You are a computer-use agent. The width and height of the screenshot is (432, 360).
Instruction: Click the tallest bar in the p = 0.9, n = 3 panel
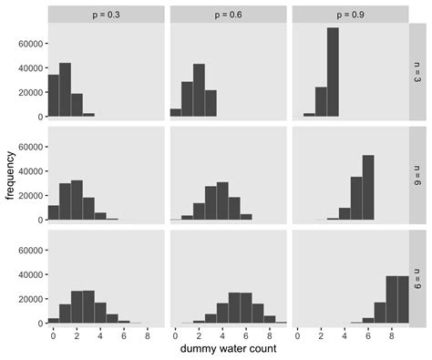click(x=333, y=72)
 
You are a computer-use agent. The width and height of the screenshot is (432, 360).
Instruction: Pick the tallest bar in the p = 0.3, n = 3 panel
click(x=65, y=89)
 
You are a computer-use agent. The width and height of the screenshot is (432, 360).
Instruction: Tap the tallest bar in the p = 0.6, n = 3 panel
click(x=199, y=89)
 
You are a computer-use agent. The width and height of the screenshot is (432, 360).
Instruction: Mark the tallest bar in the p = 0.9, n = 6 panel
click(x=368, y=187)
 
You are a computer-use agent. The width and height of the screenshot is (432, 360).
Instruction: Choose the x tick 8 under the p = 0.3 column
click(x=147, y=334)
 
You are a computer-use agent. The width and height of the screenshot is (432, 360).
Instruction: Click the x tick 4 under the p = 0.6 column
click(x=222, y=334)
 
